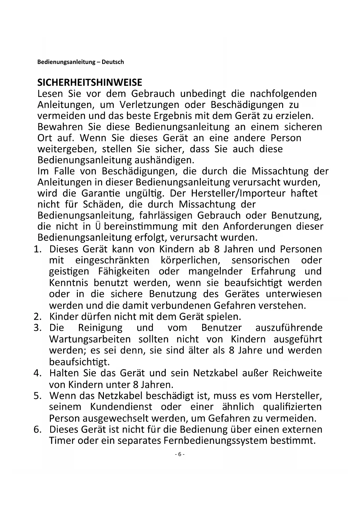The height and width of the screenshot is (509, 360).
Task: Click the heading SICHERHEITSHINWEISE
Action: [90, 83]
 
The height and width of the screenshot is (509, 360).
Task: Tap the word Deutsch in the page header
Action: [113, 62]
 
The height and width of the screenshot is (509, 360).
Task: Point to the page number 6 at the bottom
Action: [180, 454]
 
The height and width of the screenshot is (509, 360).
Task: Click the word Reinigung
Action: [100, 328]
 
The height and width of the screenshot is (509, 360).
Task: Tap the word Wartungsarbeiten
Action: [90, 339]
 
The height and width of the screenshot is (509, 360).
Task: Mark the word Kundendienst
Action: [121, 407]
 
